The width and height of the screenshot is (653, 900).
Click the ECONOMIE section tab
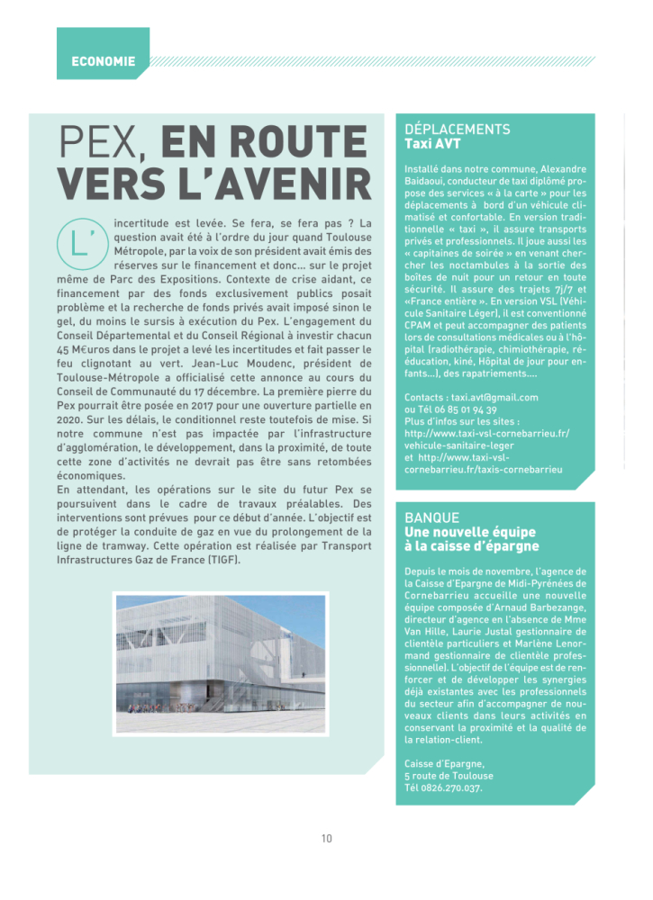tap(103, 61)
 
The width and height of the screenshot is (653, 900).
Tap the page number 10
tap(326, 838)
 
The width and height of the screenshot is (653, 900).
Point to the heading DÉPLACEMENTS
tap(458, 130)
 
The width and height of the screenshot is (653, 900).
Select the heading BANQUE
tap(431, 517)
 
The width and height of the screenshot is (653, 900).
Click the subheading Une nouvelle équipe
tap(464, 532)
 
